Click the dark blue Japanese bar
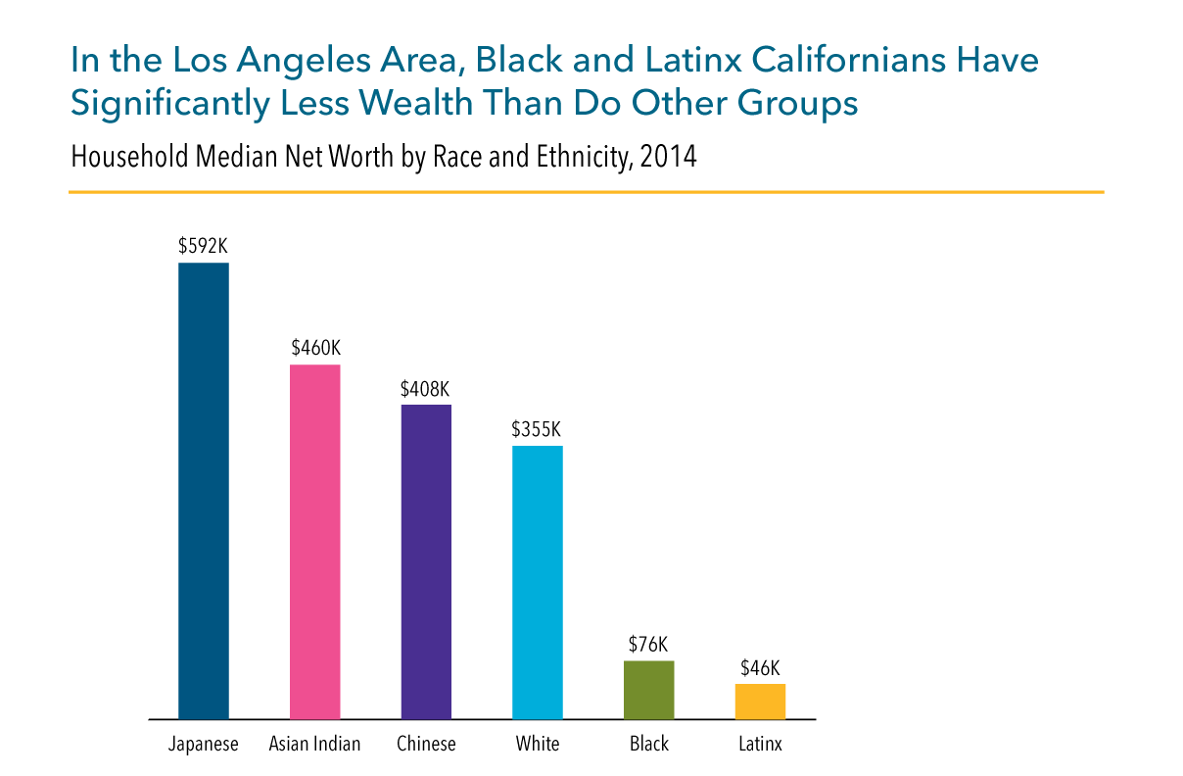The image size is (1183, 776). (203, 490)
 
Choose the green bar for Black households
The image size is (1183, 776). (648, 690)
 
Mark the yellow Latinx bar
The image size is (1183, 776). (760, 702)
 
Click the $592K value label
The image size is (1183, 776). (203, 246)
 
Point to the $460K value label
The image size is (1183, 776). (315, 348)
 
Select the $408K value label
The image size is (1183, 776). (426, 388)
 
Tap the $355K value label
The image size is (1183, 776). (537, 429)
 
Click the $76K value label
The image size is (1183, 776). (648, 644)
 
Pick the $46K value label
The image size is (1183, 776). (760, 667)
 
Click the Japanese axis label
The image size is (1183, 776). (203, 745)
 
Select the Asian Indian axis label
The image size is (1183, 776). (314, 745)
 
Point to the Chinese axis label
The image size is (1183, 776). (426, 745)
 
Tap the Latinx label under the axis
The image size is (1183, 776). (760, 745)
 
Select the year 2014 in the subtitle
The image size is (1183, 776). (668, 157)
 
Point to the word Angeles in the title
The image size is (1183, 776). (252, 61)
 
